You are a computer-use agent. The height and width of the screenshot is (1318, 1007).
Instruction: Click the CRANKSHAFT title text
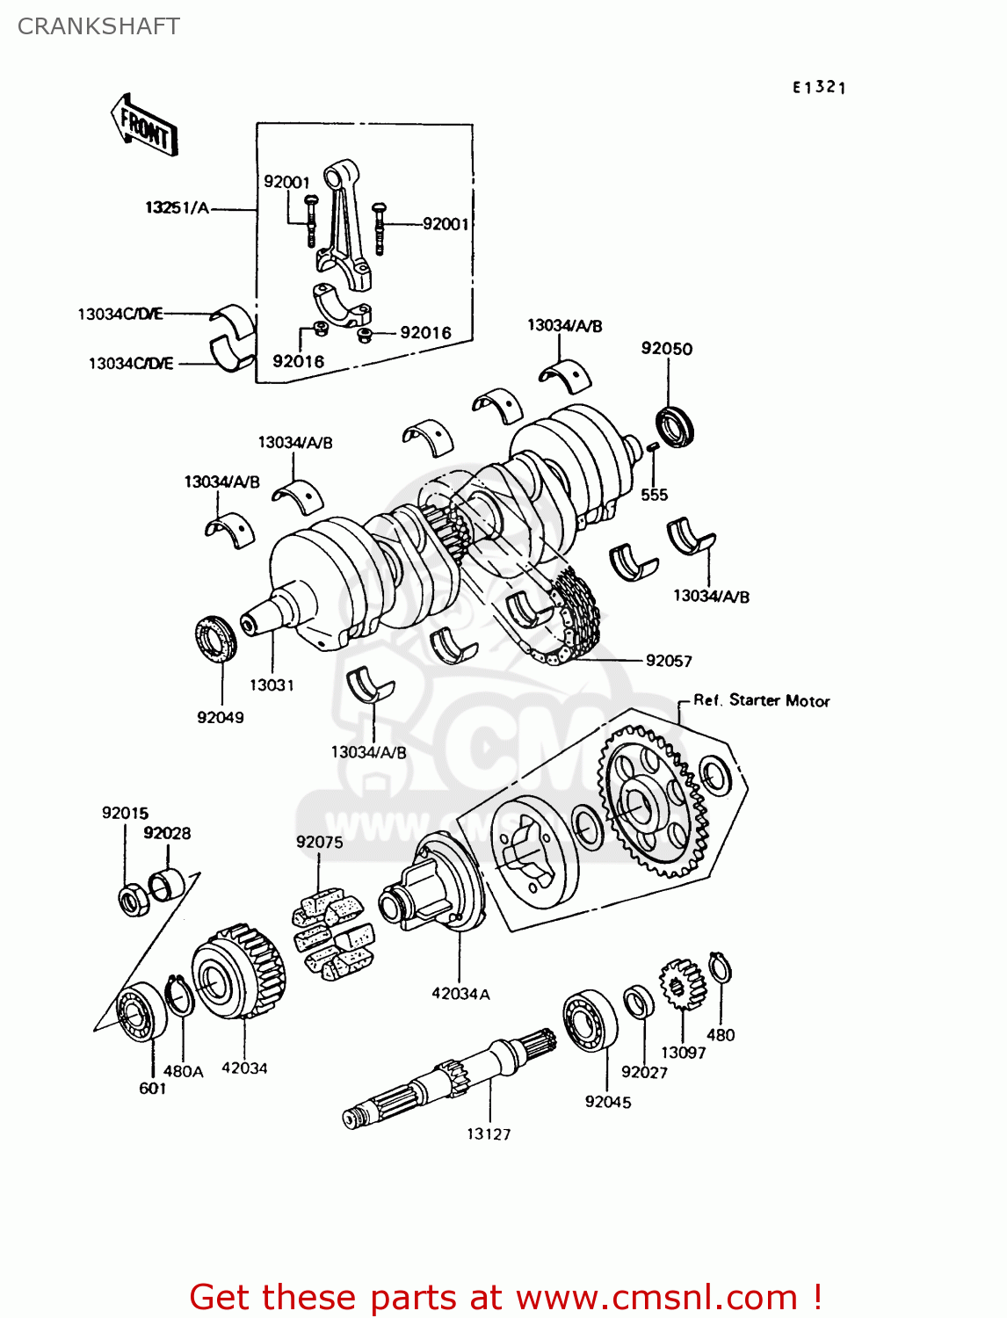(x=98, y=26)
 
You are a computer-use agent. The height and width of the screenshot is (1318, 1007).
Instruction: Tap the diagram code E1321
(x=819, y=87)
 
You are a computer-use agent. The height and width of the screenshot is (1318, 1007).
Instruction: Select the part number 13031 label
(x=272, y=685)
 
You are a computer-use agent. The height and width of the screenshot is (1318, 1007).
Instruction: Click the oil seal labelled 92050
(x=675, y=426)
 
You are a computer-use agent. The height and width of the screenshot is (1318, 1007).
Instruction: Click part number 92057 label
(x=669, y=661)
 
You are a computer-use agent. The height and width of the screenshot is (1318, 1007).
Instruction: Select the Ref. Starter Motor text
(x=761, y=700)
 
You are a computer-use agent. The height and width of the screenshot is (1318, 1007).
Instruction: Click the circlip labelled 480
(x=721, y=969)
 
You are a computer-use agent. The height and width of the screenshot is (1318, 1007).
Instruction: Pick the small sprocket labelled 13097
(x=683, y=984)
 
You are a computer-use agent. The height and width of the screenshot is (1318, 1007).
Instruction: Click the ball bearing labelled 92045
(x=590, y=1021)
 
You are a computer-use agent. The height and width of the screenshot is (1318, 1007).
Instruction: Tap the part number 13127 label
(x=489, y=1134)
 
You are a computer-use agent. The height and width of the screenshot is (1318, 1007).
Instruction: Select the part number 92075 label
(x=319, y=842)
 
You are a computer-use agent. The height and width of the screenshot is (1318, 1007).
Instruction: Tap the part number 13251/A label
(x=177, y=208)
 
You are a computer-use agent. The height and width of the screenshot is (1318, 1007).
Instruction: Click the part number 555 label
(x=654, y=495)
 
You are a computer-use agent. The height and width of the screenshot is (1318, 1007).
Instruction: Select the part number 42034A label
(x=460, y=994)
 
